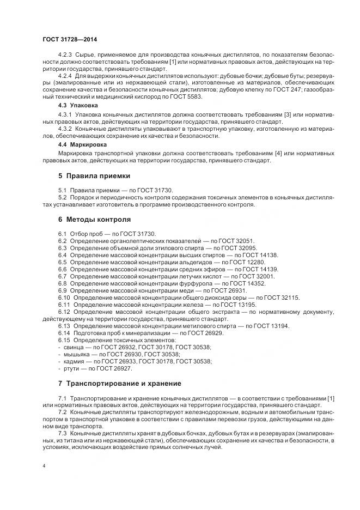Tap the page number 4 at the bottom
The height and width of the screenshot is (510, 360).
tap(44, 467)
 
